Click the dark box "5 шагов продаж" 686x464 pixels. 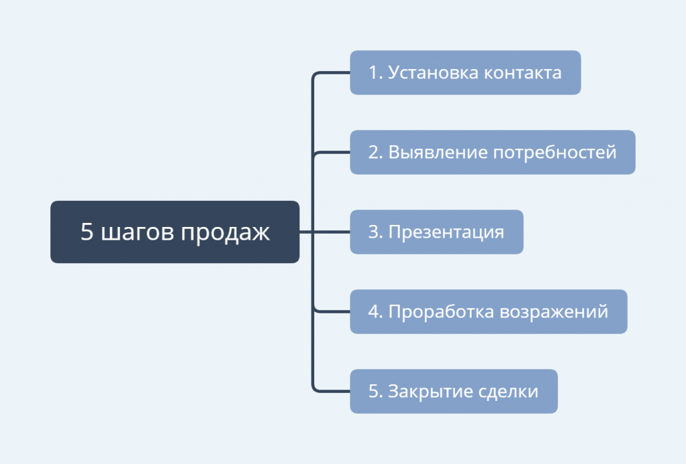tap(175, 232)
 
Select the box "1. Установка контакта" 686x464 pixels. tap(466, 72)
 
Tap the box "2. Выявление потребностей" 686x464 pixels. tap(492, 152)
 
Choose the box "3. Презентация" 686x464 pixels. tap(437, 232)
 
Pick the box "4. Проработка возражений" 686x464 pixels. tap(488, 311)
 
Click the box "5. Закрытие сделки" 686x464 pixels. tap(454, 391)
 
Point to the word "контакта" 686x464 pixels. tap(523, 73)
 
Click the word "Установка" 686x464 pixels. tap(433, 72)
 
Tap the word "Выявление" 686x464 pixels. tap(438, 152)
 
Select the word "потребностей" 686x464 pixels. tap(555, 152)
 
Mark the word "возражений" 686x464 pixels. tap(554, 311)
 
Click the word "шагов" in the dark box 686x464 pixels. tap(137, 232)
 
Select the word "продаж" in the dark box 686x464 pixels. tap(225, 232)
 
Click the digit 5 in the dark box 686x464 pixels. tap(86, 232)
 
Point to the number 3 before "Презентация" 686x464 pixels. tap(373, 232)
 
